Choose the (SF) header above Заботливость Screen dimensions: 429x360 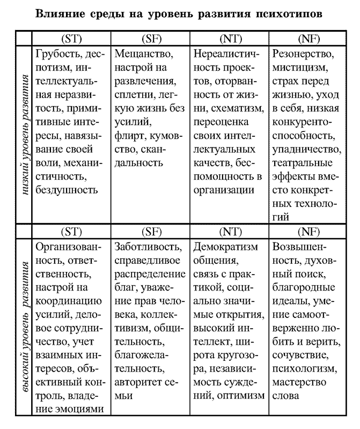151,232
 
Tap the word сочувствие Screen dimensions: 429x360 299,356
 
